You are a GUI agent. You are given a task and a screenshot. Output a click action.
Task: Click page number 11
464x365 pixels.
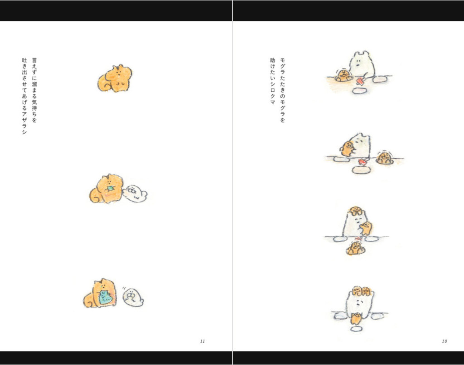point(203,341)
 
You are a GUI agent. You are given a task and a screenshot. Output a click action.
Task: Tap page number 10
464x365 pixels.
point(444,341)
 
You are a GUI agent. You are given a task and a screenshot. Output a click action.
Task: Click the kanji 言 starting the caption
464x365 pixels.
point(34,61)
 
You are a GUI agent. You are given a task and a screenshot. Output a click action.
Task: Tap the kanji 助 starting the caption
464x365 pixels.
point(272,60)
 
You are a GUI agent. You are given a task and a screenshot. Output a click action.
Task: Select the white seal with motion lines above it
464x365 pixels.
point(133,297)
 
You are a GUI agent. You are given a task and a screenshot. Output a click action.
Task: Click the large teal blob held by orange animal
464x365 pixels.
point(105,297)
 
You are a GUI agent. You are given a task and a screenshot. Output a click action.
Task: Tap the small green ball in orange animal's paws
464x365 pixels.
point(111,188)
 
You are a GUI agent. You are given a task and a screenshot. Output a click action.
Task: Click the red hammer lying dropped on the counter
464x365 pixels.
point(363,161)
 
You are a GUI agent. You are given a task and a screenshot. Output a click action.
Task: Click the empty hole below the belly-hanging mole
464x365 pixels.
point(356,329)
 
